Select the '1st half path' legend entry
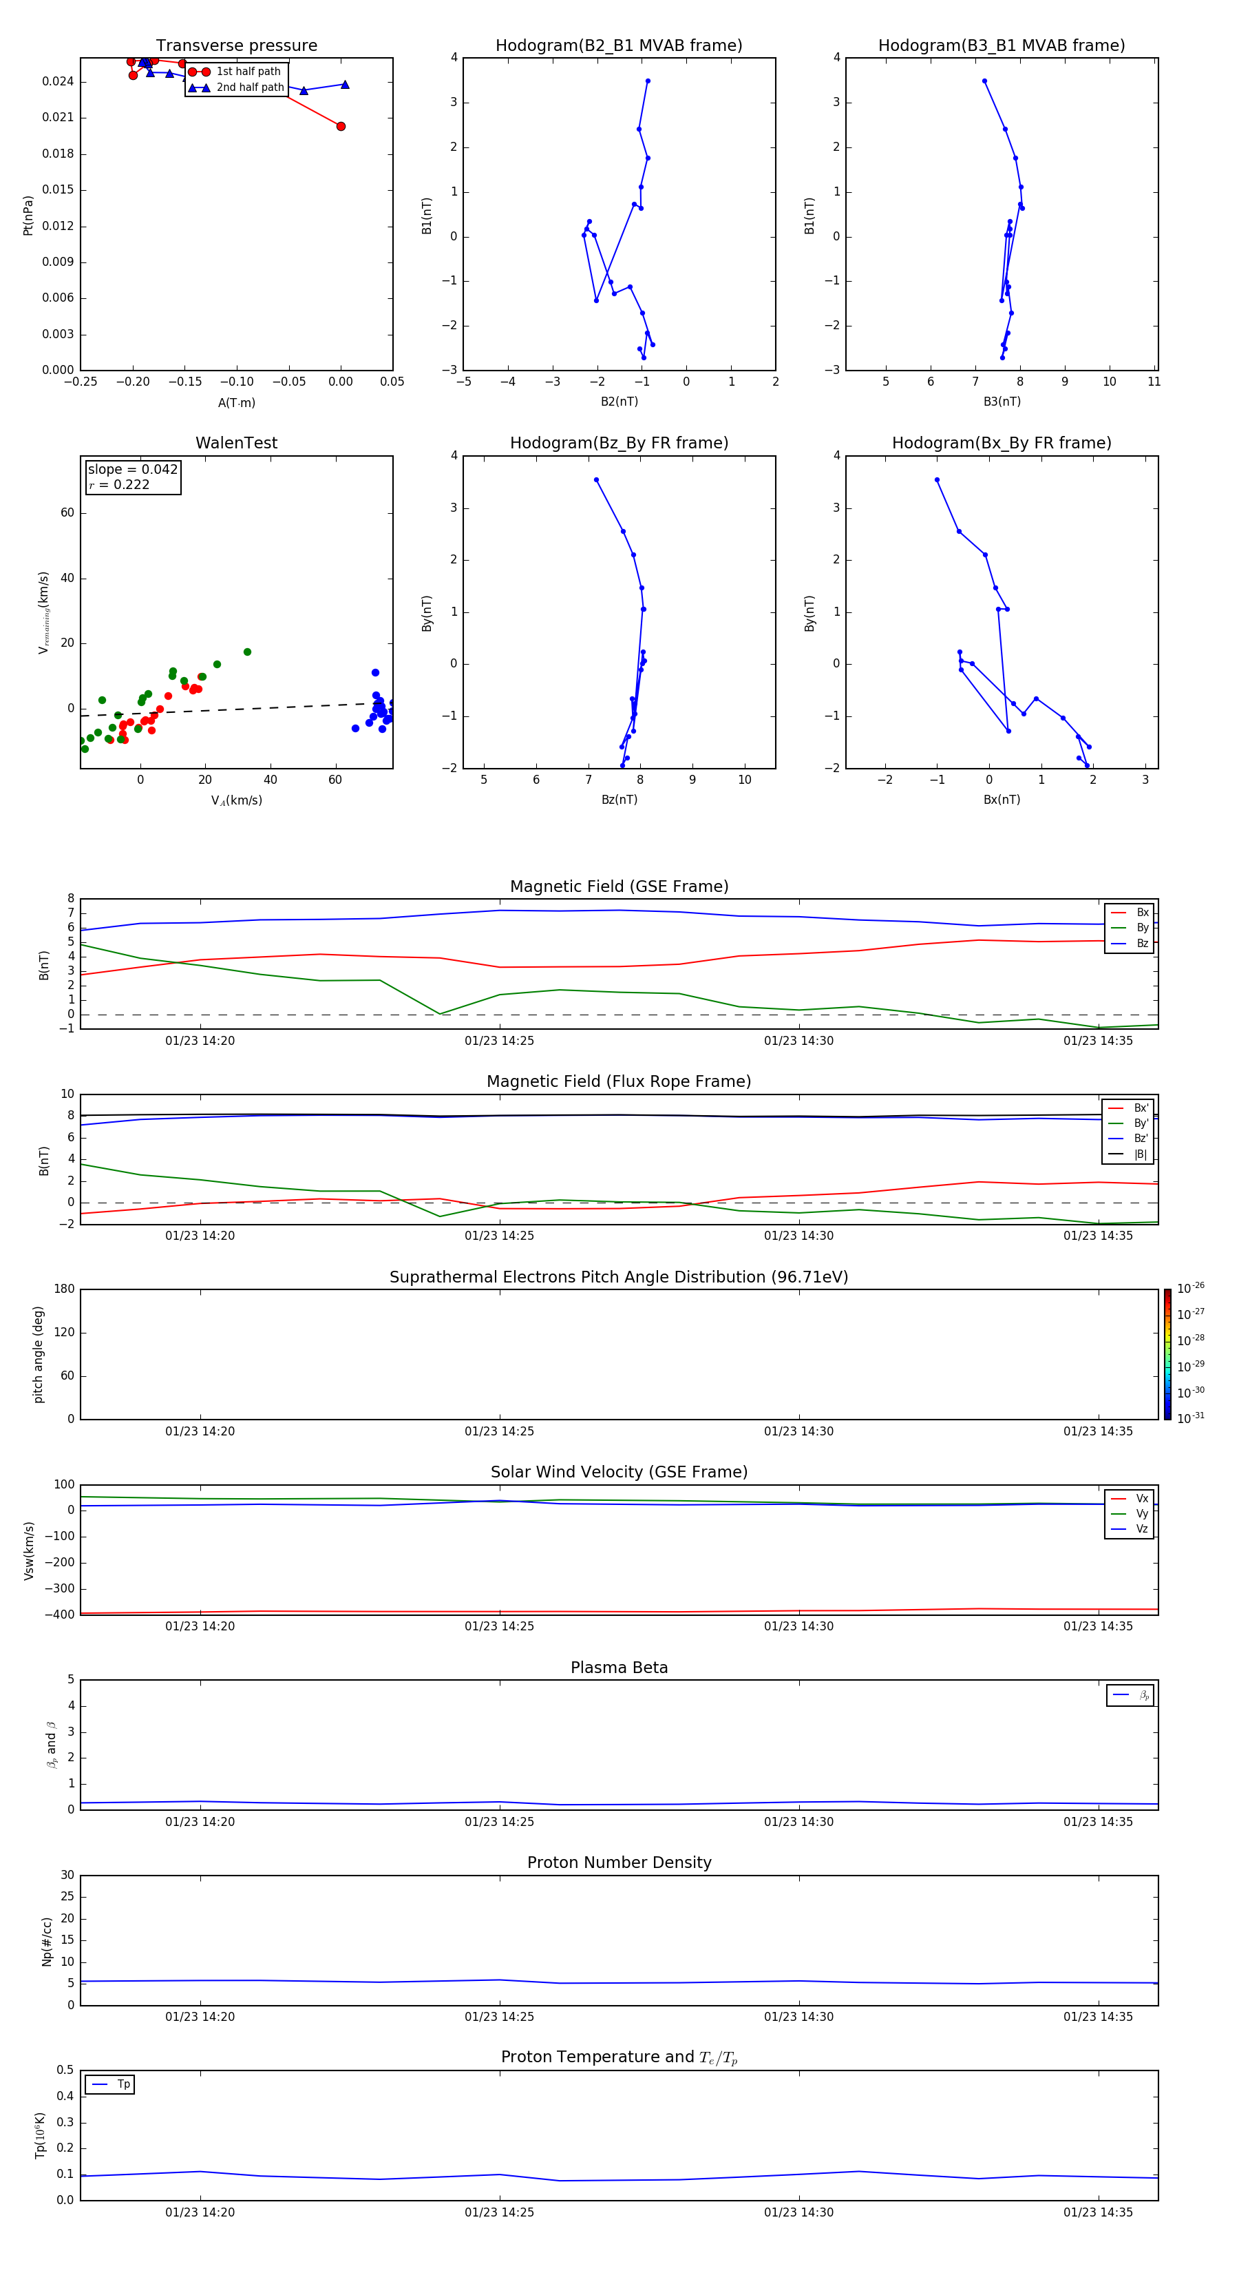tap(248, 72)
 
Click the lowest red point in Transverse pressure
tap(341, 126)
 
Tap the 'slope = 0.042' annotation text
tap(132, 470)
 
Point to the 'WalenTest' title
tap(236, 443)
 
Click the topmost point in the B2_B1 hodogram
tap(647, 81)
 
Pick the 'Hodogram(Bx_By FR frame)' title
tap(1001, 443)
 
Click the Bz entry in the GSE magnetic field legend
tap(1142, 943)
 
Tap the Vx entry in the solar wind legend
tap(1141, 1498)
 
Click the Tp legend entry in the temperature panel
tap(123, 2084)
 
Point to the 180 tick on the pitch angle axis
tap(65, 1289)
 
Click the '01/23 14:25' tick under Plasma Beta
tap(499, 1821)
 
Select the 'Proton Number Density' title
tap(619, 1862)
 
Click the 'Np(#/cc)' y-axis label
tap(47, 1941)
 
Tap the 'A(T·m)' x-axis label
tap(236, 403)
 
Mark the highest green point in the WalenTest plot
tap(247, 652)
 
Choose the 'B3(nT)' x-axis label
tap(1002, 402)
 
